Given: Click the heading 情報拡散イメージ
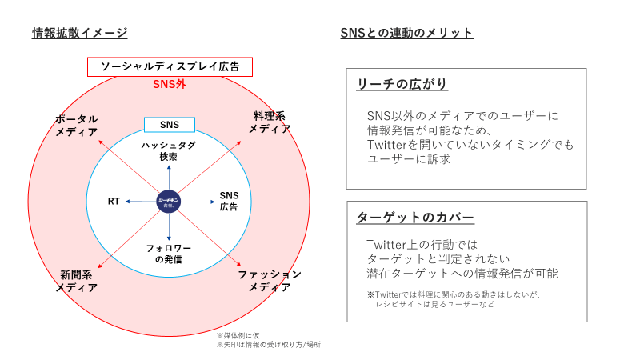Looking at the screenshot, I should tap(79, 33).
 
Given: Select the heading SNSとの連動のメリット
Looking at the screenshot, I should tap(406, 33).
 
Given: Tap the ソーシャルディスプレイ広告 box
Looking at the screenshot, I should tap(170, 67).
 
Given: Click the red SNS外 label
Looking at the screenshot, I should tap(169, 84).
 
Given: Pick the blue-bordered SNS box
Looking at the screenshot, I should tap(170, 125).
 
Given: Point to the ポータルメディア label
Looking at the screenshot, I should tap(77, 125).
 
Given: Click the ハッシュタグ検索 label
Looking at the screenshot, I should tap(169, 151).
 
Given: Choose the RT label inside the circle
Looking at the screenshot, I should tap(114, 202).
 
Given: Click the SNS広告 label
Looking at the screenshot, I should tap(230, 202).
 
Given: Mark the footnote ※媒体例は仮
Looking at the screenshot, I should tap(238, 335).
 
